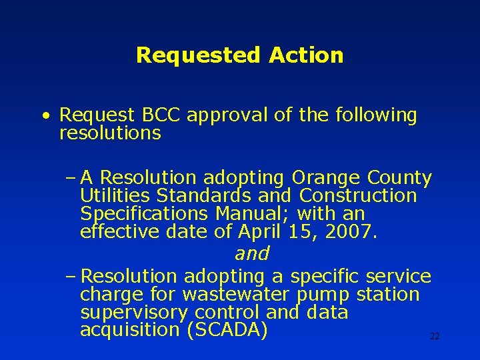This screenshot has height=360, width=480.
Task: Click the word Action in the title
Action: tap(307, 55)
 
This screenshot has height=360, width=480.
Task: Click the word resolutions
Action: tap(110, 133)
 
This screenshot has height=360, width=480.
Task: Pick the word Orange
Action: tap(326, 179)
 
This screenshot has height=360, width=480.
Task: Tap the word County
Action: tap(399, 179)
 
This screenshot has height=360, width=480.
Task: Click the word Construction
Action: tap(358, 196)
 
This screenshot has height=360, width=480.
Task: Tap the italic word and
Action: tap(252, 254)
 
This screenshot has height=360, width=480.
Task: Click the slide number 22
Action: tap(435, 337)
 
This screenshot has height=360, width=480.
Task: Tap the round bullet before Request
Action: tap(44, 116)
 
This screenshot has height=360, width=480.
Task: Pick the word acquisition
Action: tap(130, 330)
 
